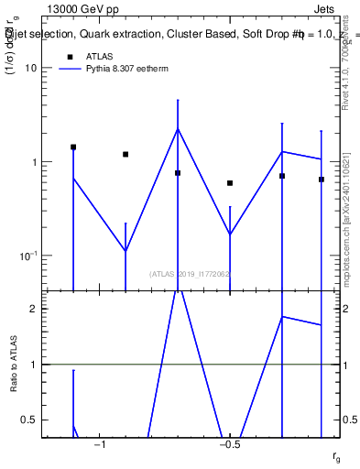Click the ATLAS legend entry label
[x=99, y=56]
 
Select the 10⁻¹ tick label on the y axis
[x=28, y=256]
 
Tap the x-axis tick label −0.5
[x=230, y=444]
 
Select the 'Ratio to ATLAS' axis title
[x=14, y=365]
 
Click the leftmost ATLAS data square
[x=73, y=147]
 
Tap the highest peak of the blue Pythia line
[x=178, y=128]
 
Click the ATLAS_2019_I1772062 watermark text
[x=190, y=274]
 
